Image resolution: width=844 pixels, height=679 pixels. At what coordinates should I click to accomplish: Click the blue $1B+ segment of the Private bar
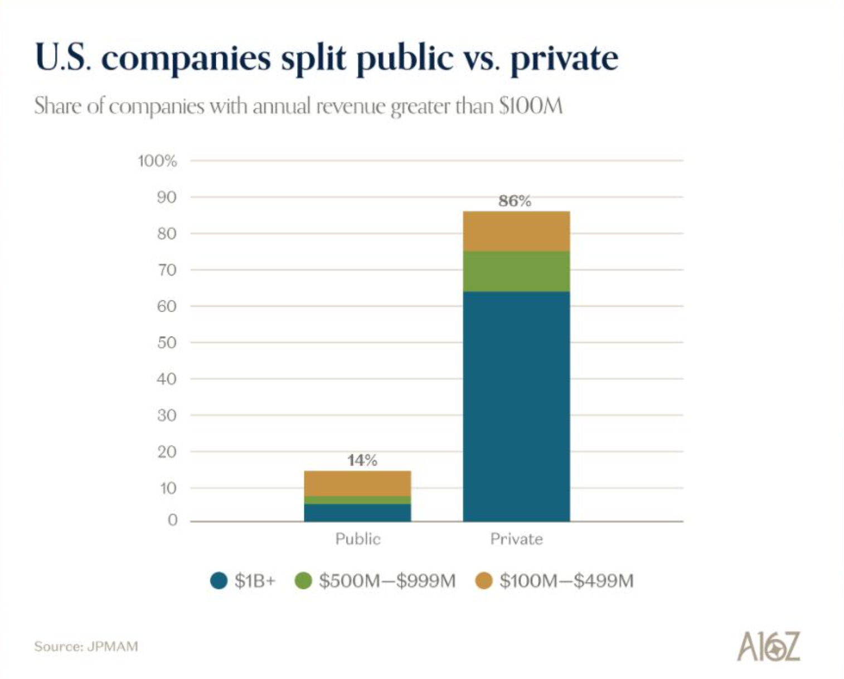point(516,406)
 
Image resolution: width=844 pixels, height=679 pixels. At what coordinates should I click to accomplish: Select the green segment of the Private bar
point(516,271)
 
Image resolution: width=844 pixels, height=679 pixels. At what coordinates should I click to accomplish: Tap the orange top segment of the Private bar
point(516,231)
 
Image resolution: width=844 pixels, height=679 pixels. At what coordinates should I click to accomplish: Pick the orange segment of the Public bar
point(357,483)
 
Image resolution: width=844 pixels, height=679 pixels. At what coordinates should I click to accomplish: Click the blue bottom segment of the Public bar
point(357,513)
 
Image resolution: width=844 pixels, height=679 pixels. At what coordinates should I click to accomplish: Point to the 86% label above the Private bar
point(515,201)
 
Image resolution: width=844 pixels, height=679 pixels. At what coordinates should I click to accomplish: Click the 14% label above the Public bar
point(362,460)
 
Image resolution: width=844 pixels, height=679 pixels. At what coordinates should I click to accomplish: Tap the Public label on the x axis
point(357,539)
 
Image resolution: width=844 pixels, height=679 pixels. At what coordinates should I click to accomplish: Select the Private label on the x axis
point(516,539)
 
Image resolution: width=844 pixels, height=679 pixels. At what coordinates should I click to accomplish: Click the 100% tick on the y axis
point(157,161)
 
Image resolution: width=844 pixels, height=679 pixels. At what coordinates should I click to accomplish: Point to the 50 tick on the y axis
point(166,343)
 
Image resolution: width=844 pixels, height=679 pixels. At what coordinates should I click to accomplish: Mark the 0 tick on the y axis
point(172,520)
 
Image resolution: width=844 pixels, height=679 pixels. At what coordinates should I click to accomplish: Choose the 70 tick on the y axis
point(166,270)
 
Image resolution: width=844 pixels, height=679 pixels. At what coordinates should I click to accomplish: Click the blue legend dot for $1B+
point(219,581)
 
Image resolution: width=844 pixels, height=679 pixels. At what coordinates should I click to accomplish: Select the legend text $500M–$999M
point(387,581)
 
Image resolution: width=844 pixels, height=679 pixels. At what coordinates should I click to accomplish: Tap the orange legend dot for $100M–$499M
point(483,581)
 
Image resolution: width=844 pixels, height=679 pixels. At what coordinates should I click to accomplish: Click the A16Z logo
point(768,647)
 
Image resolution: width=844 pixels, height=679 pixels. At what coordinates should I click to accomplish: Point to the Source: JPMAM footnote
point(86,647)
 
